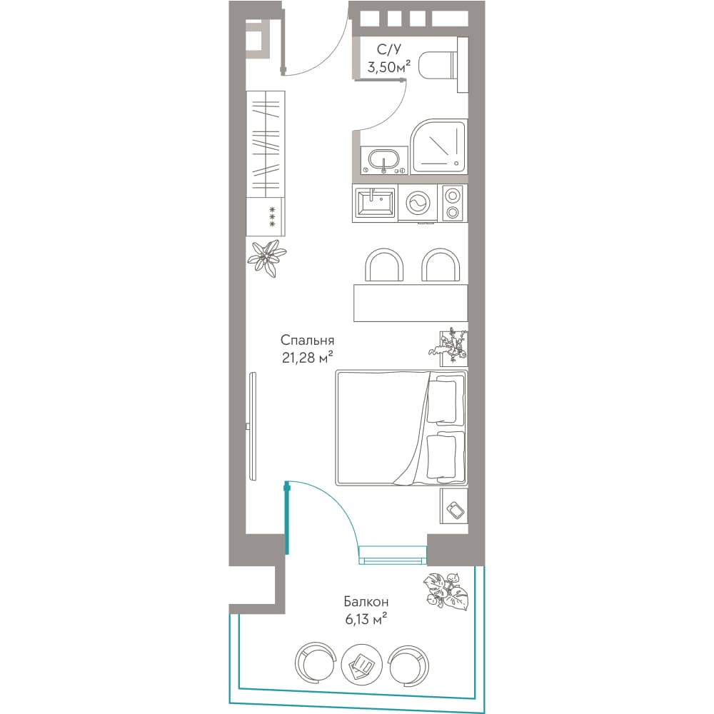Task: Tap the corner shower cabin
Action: click(x=438, y=147)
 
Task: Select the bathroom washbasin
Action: click(x=383, y=160)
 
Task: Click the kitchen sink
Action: click(x=376, y=203)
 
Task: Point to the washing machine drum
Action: click(x=417, y=203)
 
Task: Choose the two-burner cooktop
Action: click(x=452, y=203)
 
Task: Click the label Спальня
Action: click(x=307, y=340)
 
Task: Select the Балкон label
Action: click(x=366, y=602)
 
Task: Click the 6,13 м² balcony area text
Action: click(x=366, y=619)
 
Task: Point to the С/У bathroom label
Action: click(x=388, y=49)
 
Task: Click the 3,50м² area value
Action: click(x=389, y=67)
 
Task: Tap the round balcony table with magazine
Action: click(x=362, y=664)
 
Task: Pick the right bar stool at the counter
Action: click(x=440, y=265)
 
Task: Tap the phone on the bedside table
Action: click(x=456, y=510)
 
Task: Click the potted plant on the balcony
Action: click(x=446, y=590)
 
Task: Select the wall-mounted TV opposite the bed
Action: click(x=253, y=426)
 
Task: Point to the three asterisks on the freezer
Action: click(x=272, y=217)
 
